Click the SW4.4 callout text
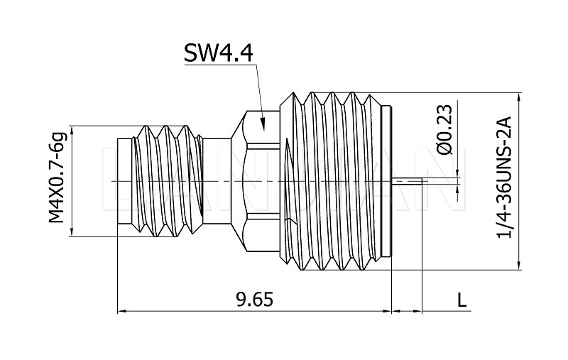click(x=219, y=53)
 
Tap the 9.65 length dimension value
click(x=253, y=300)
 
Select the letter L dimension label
click(x=462, y=300)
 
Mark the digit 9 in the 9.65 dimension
click(x=240, y=300)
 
